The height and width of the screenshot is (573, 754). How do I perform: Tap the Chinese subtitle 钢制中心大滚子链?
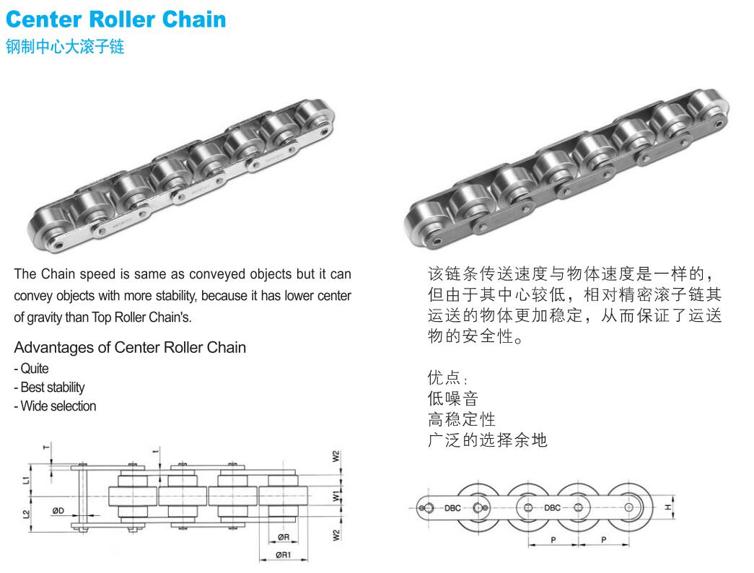tap(65, 48)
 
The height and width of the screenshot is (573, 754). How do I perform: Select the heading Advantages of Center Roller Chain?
tap(130, 348)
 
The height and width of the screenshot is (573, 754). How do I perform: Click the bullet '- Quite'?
tap(31, 369)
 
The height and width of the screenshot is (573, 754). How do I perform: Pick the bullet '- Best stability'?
tap(49, 388)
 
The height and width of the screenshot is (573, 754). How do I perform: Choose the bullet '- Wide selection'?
tap(55, 406)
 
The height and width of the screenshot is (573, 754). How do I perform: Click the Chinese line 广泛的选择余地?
tap(487, 439)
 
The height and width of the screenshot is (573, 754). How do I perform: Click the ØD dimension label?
tap(58, 511)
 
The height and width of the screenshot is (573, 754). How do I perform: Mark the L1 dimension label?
tap(26, 478)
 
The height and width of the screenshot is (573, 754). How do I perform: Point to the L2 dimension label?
tap(26, 515)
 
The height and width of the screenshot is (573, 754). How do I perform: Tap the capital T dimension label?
tap(48, 448)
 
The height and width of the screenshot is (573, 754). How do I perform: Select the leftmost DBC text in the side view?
tap(452, 507)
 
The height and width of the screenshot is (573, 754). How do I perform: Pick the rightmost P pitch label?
tap(602, 539)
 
